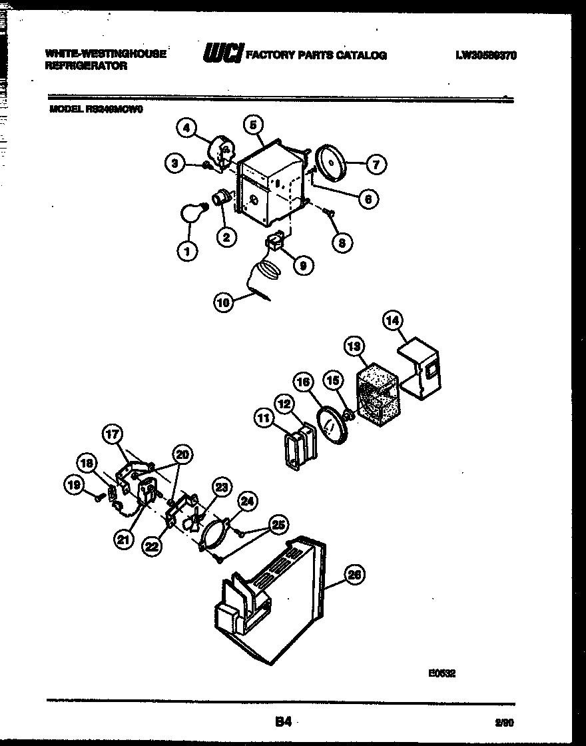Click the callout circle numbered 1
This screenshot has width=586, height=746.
pos(188,251)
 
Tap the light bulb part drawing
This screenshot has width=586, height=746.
pos(192,214)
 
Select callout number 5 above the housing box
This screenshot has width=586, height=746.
pos(253,124)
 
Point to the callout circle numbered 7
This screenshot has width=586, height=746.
pos(376,163)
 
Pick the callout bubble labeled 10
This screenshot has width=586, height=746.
pos(224,302)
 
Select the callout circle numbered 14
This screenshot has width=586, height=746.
pos(394,320)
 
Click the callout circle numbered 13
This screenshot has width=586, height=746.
pos(353,346)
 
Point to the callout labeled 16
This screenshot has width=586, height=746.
pos(304,382)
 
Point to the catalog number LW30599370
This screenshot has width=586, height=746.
pos(486,55)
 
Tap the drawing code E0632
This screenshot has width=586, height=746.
pos(441,673)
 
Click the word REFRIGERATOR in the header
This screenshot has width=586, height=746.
pos(86,67)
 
